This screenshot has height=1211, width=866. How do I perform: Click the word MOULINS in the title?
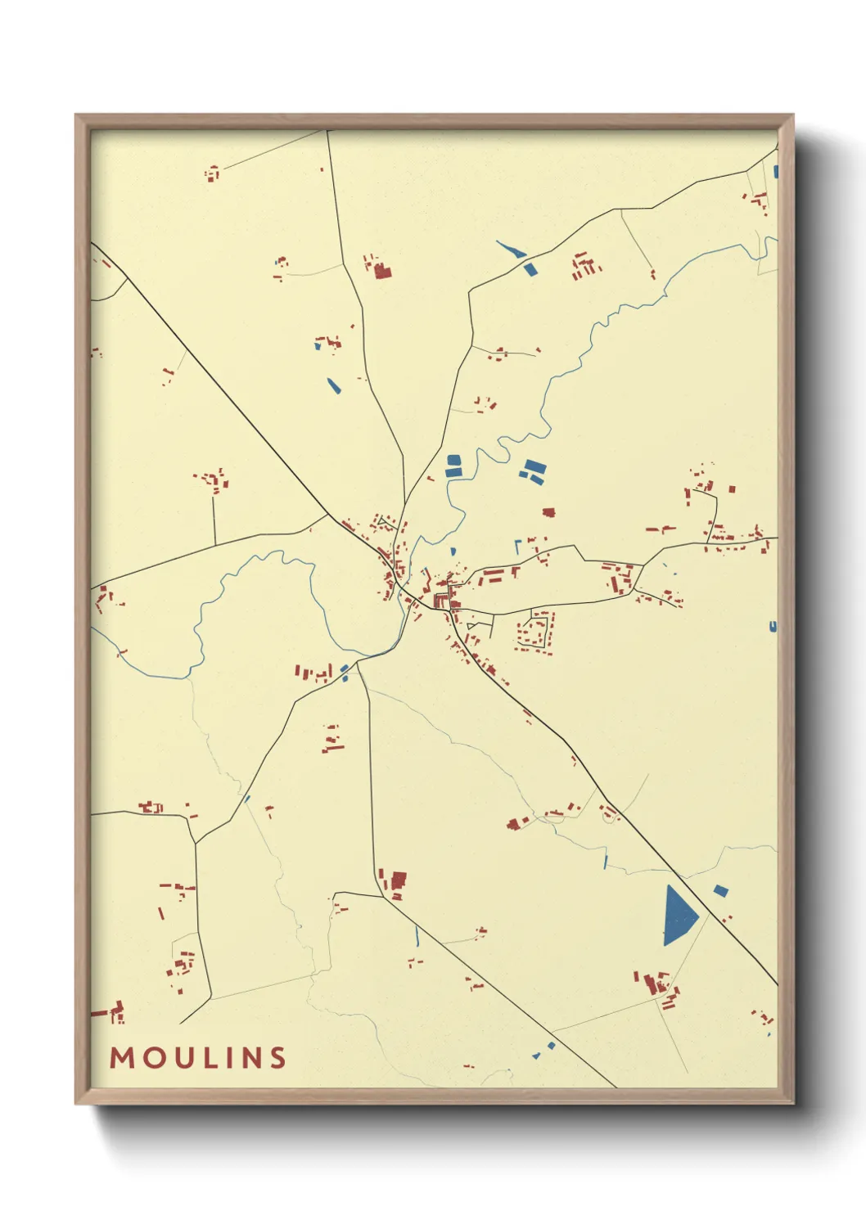coord(198,1057)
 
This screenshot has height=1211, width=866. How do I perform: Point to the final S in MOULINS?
coord(278,1057)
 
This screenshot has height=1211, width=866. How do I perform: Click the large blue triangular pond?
coord(677,917)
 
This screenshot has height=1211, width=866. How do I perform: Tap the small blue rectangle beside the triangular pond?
coord(720,890)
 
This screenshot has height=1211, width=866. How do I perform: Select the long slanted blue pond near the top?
coord(511,249)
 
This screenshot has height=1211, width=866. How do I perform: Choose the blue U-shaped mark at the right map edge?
coord(773,627)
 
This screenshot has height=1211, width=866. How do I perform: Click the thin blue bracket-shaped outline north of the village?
coord(516,545)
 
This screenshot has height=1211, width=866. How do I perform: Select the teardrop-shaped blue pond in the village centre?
coord(453,551)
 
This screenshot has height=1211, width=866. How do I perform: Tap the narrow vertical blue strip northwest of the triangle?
coord(606,860)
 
